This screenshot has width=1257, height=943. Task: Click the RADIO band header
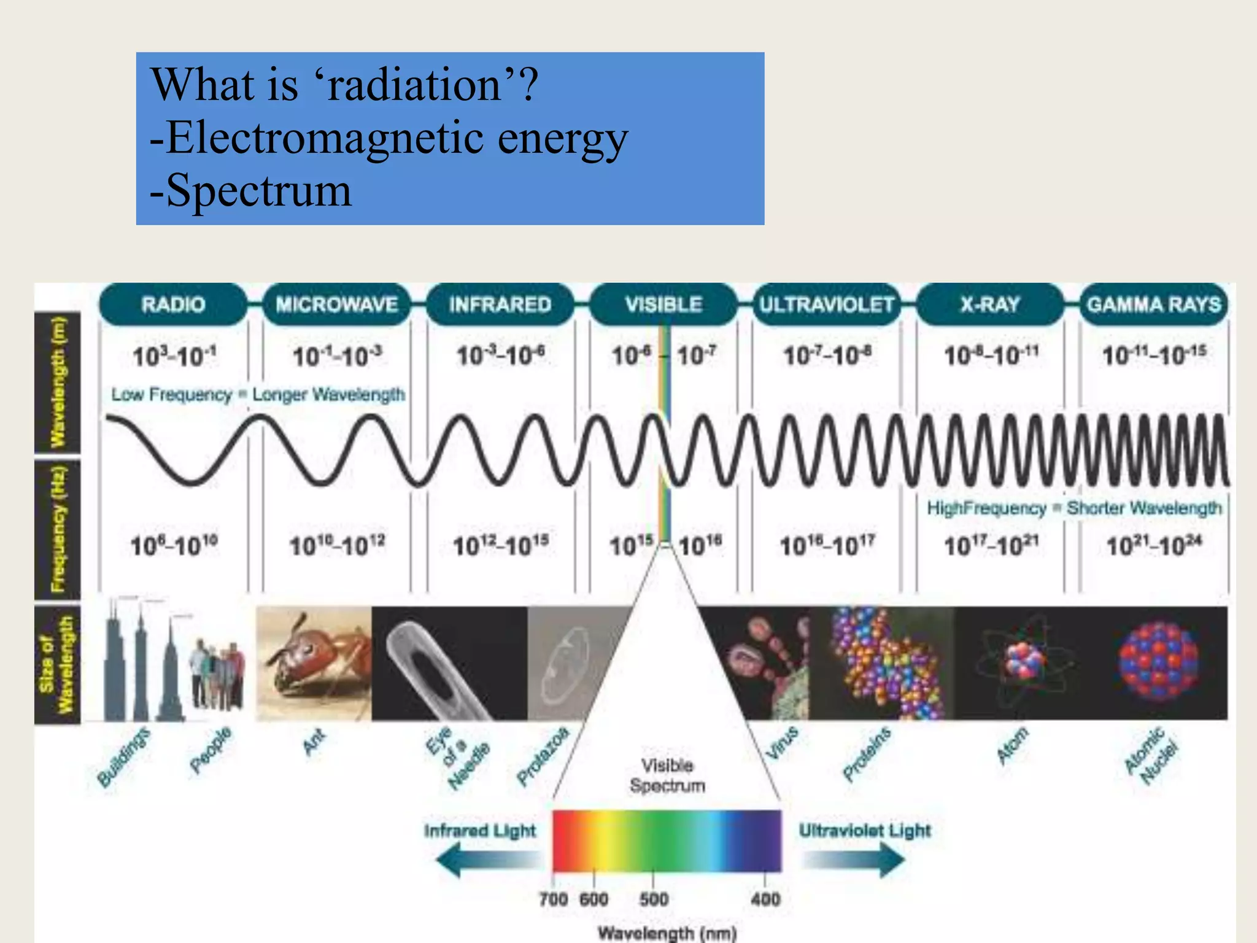(173, 305)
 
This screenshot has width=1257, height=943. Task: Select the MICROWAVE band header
(336, 305)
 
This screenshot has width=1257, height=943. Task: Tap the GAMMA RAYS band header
(1154, 305)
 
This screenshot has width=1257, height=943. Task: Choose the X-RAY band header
(990, 305)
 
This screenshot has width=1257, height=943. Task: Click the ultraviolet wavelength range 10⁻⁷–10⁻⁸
(827, 355)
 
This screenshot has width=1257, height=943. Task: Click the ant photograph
(314, 663)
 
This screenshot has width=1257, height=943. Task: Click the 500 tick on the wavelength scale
(654, 899)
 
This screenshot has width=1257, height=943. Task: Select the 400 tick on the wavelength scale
(765, 899)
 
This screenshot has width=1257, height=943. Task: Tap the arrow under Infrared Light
(488, 860)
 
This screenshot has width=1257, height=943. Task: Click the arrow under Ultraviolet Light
(853, 860)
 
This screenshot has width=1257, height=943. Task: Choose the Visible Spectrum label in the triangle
(667, 775)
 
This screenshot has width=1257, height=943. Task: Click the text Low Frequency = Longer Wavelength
(258, 394)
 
